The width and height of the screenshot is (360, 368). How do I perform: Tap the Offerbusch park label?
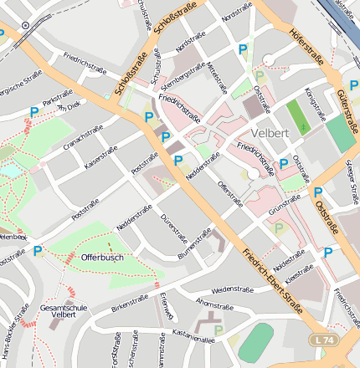point(102,257)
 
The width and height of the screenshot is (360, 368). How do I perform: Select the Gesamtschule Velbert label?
point(63,312)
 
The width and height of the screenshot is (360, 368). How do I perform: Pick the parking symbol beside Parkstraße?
point(34,111)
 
